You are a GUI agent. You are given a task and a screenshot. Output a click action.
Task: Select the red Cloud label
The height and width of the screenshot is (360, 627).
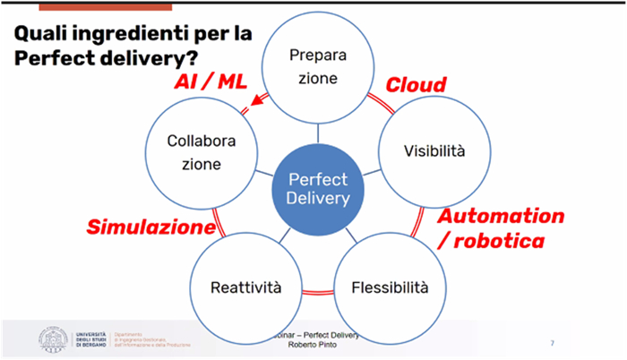point(416,85)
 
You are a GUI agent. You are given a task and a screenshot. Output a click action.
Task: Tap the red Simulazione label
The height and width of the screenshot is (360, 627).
point(150,226)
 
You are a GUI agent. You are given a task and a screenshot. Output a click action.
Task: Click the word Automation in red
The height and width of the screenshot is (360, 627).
point(501,217)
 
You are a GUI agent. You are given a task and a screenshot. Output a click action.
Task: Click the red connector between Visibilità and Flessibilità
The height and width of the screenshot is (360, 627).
point(417,222)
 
